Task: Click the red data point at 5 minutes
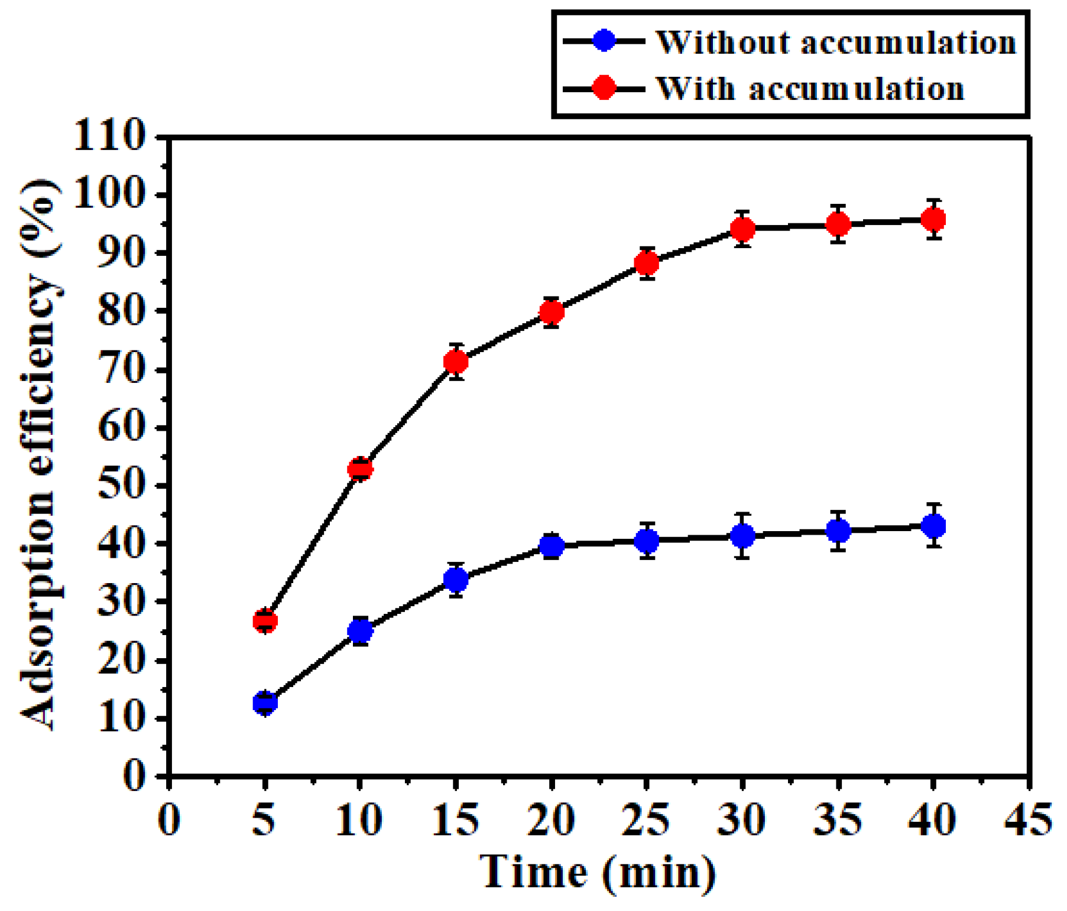265,620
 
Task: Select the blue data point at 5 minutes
265,702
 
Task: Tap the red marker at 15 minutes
456,361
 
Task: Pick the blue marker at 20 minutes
552,545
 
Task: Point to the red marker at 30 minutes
742,228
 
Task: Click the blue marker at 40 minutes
933,525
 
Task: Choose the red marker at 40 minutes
933,219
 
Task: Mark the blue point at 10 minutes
360,631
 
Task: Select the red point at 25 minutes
647,263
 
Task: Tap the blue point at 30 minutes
742,536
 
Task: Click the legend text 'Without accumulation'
836,43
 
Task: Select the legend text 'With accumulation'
810,89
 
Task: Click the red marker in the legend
604,88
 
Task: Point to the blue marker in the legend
604,41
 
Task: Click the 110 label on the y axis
109,136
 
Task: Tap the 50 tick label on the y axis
121,486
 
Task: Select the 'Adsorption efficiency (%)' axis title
40,455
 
